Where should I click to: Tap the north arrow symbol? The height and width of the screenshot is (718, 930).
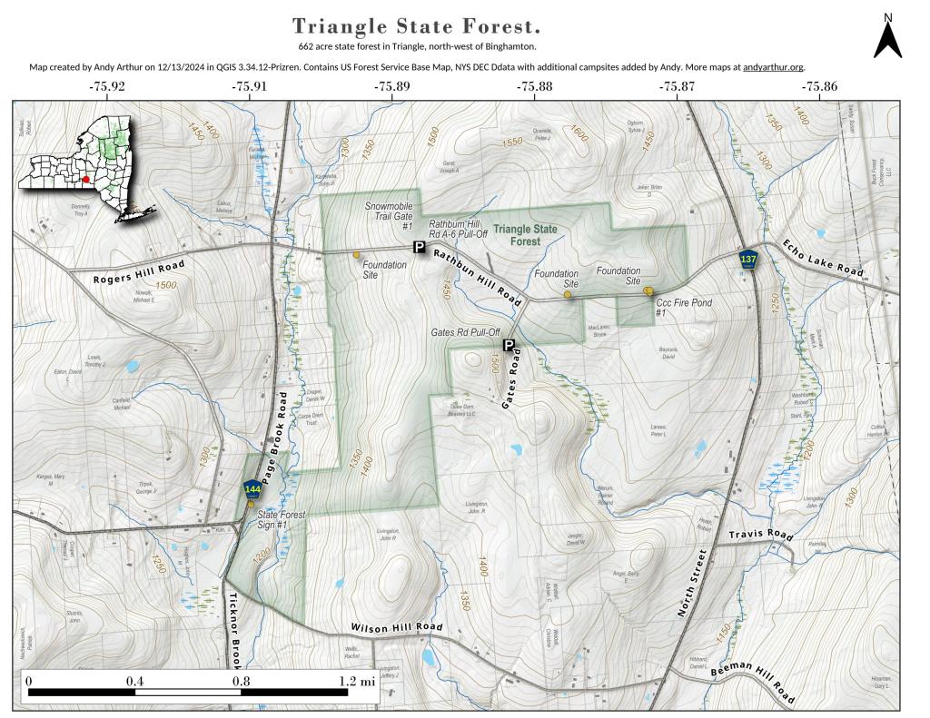pyautogui.click(x=887, y=37)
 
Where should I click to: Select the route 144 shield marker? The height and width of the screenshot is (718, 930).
pyautogui.click(x=252, y=491)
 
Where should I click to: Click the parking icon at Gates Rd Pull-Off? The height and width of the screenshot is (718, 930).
pyautogui.click(x=509, y=345)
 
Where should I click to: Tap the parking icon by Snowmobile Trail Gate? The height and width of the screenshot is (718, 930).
pyautogui.click(x=419, y=247)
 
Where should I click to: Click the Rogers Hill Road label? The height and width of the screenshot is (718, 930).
pyautogui.click(x=138, y=271)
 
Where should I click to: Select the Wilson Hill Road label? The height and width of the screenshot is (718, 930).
pyautogui.click(x=396, y=628)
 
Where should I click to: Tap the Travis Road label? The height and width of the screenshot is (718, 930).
pyautogui.click(x=761, y=535)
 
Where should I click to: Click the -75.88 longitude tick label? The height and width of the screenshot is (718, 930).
pyautogui.click(x=534, y=86)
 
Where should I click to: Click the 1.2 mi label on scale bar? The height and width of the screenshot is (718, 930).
pyautogui.click(x=356, y=680)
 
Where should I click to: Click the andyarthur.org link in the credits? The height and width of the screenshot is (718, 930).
pyautogui.click(x=773, y=66)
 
